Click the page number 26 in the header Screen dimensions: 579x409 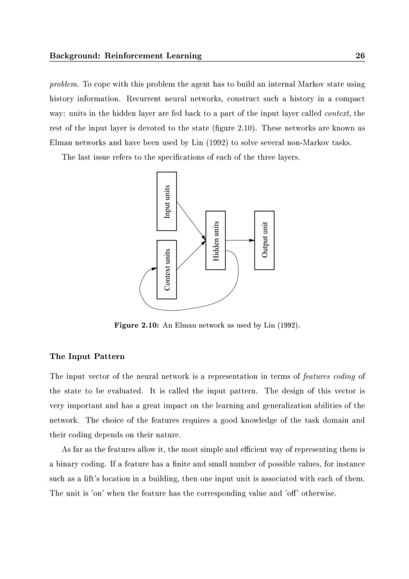(360, 56)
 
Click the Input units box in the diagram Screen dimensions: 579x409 (167, 201)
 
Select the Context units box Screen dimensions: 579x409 (167, 269)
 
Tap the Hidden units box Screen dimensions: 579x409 (215, 240)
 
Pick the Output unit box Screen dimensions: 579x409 (264, 240)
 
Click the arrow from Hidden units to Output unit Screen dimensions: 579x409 (240, 240)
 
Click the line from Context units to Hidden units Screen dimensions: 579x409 (191, 255)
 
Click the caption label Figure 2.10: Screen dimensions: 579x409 (136, 326)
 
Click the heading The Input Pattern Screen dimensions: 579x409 (87, 356)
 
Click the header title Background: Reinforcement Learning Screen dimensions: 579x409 (126, 56)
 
